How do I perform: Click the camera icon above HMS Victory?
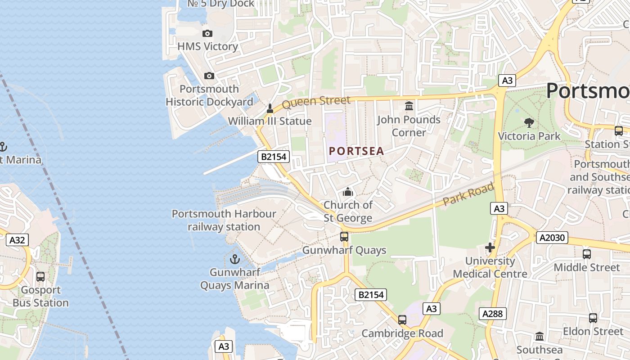pyautogui.click(x=207, y=33)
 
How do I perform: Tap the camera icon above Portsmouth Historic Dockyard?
pyautogui.click(x=209, y=76)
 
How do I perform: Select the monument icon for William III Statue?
pyautogui.click(x=270, y=108)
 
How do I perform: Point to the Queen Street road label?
pyautogui.click(x=316, y=102)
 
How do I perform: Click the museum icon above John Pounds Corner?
pyautogui.click(x=409, y=106)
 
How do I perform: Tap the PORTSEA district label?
pyautogui.click(x=356, y=151)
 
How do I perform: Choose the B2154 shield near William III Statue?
pyautogui.click(x=274, y=157)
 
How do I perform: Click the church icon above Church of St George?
pyautogui.click(x=348, y=192)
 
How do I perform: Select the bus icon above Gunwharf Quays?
pyautogui.click(x=344, y=237)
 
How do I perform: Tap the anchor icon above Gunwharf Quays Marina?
pyautogui.click(x=234, y=259)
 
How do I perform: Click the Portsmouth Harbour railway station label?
pyautogui.click(x=224, y=220)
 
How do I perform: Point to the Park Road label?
pyautogui.click(x=468, y=194)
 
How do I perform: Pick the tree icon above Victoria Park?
pyautogui.click(x=529, y=122)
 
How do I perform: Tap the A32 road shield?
pyautogui.click(x=17, y=240)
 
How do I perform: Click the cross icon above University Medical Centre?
pyautogui.click(x=490, y=247)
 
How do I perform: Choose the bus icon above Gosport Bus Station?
pyautogui.click(x=40, y=277)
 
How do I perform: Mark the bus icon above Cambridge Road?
pyautogui.click(x=402, y=320)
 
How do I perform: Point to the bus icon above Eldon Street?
pyautogui.click(x=593, y=318)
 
